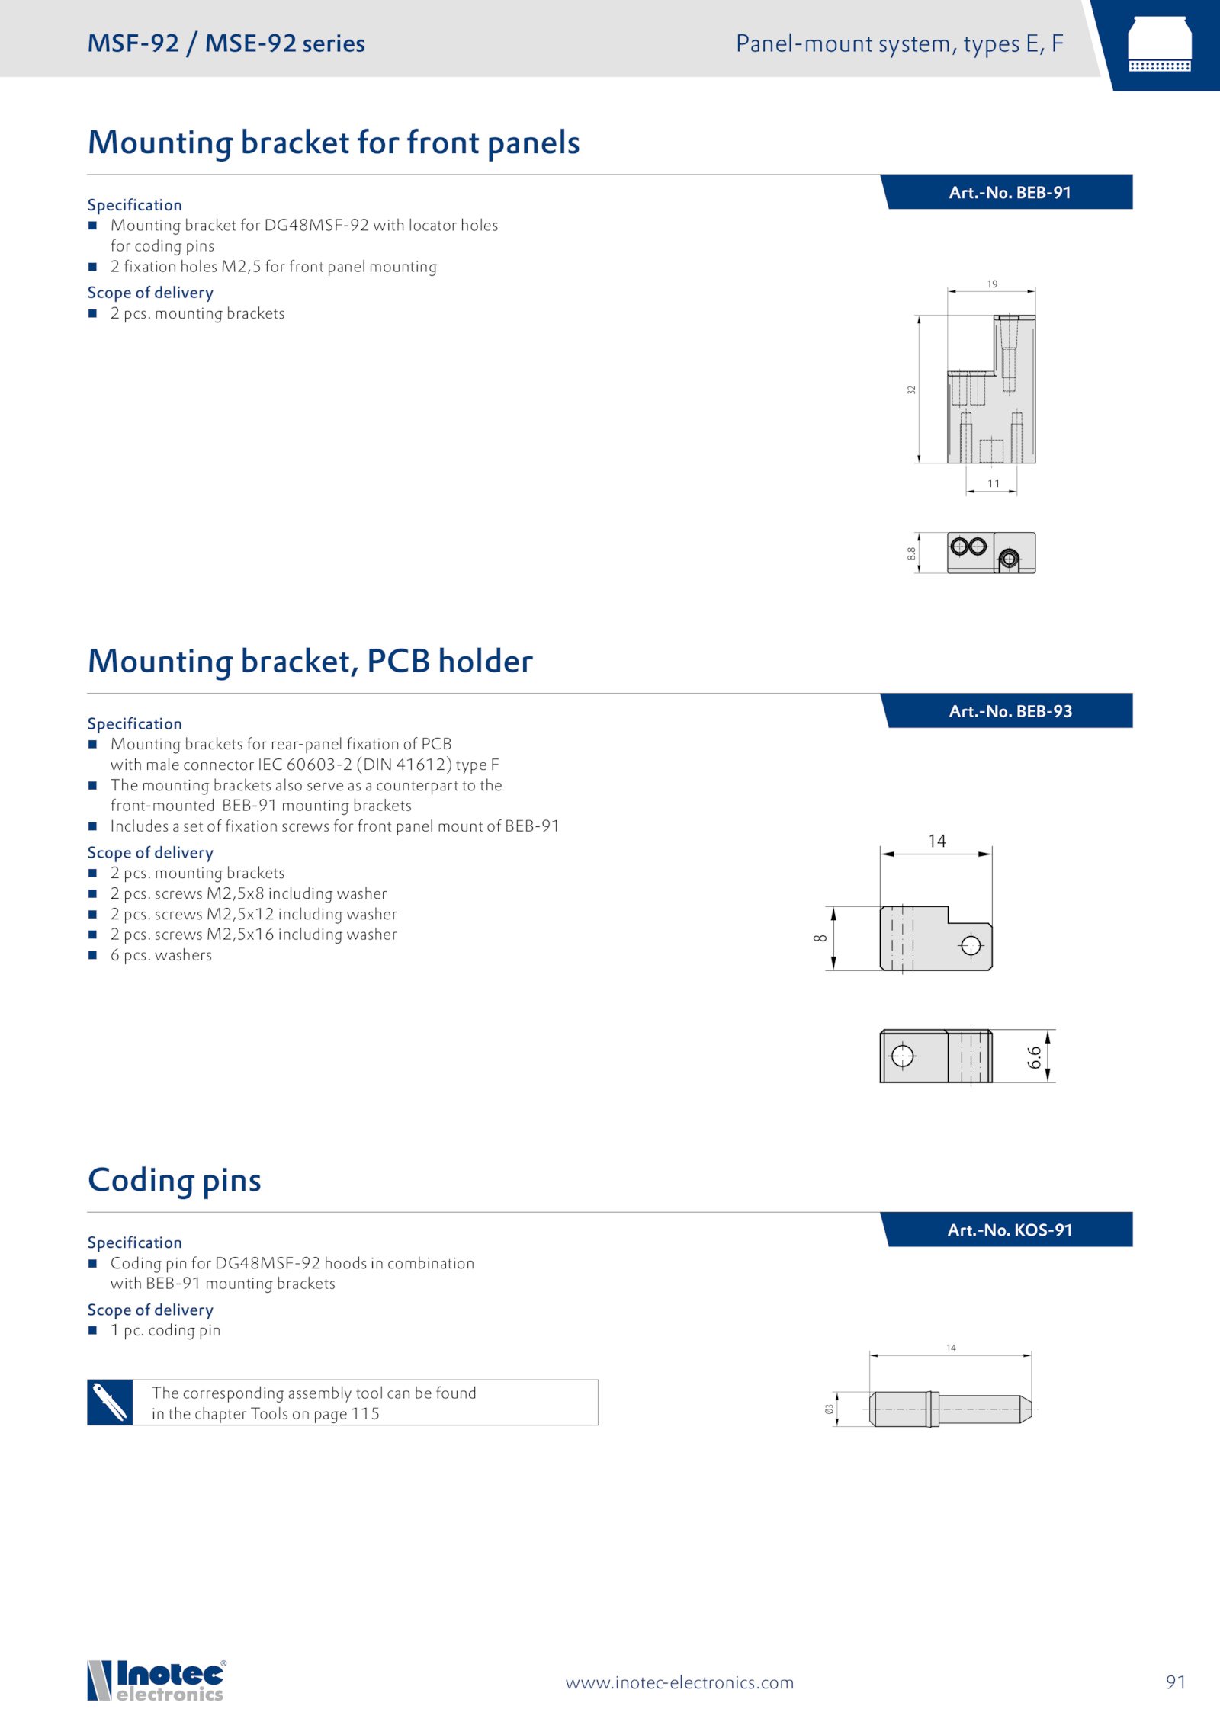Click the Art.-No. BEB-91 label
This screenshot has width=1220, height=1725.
click(1010, 193)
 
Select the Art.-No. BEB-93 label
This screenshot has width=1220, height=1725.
click(1010, 711)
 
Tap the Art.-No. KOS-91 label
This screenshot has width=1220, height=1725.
click(1010, 1230)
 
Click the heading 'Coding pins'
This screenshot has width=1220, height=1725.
click(175, 1181)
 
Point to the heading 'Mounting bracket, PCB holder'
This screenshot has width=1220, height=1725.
click(310, 662)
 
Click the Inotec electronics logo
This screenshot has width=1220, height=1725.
click(157, 1680)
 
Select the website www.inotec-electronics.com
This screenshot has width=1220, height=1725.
click(679, 1682)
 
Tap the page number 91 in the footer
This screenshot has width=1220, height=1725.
click(1176, 1682)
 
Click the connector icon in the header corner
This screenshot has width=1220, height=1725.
click(1159, 44)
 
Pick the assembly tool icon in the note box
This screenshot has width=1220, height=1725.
click(110, 1402)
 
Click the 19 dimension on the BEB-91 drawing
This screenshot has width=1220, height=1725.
click(992, 284)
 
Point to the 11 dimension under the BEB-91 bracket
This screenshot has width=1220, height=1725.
click(994, 483)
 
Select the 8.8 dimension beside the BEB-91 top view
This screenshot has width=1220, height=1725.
click(911, 553)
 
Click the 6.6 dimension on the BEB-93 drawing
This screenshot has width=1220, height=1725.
click(1034, 1057)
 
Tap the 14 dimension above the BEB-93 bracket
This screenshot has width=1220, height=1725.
click(937, 841)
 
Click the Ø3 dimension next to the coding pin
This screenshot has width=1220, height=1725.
click(829, 1409)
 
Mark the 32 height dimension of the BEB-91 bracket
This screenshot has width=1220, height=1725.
click(911, 390)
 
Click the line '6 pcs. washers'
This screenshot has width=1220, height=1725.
click(161, 955)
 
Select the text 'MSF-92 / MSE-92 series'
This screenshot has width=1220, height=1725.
click(226, 43)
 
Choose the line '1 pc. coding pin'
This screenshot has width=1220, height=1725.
click(165, 1330)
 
